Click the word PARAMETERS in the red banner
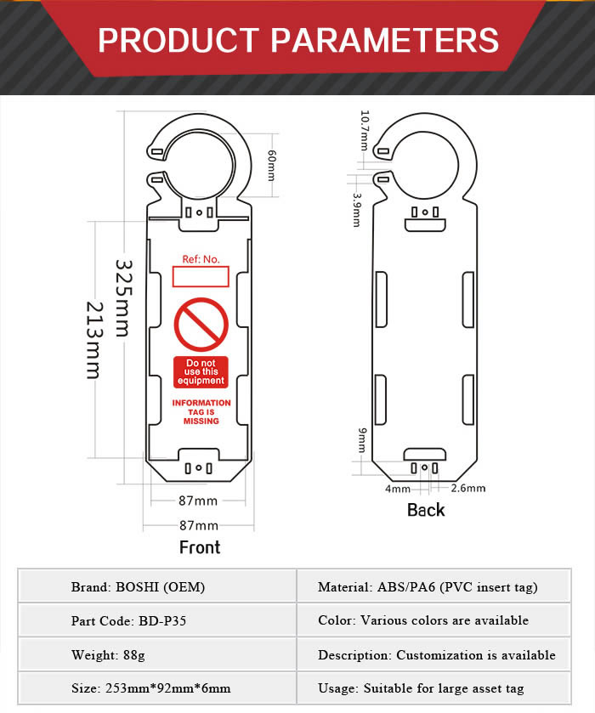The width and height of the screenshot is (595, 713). pos(385,40)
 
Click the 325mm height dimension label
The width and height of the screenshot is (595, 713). pos(124,298)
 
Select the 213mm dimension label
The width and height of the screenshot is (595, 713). pos(94,341)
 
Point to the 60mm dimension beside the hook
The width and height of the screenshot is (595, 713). pos(271,166)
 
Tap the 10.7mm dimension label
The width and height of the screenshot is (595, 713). pos(365,130)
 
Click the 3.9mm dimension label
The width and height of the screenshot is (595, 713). pos(357,210)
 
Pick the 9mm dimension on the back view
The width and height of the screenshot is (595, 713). pos(361,440)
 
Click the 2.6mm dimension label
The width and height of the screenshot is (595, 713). pos(468,489)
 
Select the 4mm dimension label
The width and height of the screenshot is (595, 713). pos(398,489)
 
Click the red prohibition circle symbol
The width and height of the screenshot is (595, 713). pos(201,325)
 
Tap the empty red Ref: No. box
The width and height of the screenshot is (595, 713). pos(201,277)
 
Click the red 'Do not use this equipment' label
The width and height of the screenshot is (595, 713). pos(201,372)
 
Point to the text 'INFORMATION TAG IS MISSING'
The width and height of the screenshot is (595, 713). pos(201,412)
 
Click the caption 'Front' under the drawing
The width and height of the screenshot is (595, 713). pos(200,547)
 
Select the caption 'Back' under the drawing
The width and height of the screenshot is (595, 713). pos(426,510)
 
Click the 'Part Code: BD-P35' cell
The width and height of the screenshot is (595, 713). pos(157,620)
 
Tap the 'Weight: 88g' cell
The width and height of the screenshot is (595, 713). pos(157,654)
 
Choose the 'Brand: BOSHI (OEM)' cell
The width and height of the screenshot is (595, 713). pos(157,586)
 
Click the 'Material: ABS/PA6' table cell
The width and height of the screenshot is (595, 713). pos(434,586)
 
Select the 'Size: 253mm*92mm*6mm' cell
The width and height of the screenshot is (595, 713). pos(157,688)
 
